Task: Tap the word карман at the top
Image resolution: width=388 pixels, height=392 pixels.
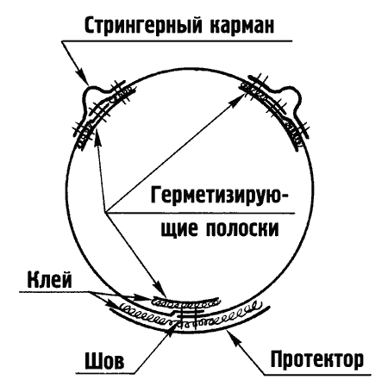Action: [x=242, y=25]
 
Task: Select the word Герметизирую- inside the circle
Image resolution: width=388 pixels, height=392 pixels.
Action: [x=219, y=196]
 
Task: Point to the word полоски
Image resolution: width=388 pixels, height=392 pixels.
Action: [x=242, y=228]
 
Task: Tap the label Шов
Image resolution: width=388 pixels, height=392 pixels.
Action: [x=104, y=360]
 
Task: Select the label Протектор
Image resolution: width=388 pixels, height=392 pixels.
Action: [x=317, y=359]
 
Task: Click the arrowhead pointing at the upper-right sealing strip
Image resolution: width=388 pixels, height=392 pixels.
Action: [x=238, y=98]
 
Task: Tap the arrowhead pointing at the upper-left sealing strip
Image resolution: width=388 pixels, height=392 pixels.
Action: [x=97, y=137]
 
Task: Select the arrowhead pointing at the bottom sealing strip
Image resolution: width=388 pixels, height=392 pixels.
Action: [x=160, y=290]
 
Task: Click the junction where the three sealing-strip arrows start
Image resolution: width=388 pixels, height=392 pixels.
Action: [x=106, y=213]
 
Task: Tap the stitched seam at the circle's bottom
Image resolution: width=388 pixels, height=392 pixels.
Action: [x=188, y=316]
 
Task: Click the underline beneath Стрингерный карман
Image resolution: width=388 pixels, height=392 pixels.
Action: [x=177, y=41]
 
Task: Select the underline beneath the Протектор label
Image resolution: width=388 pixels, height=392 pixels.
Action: [x=317, y=375]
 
